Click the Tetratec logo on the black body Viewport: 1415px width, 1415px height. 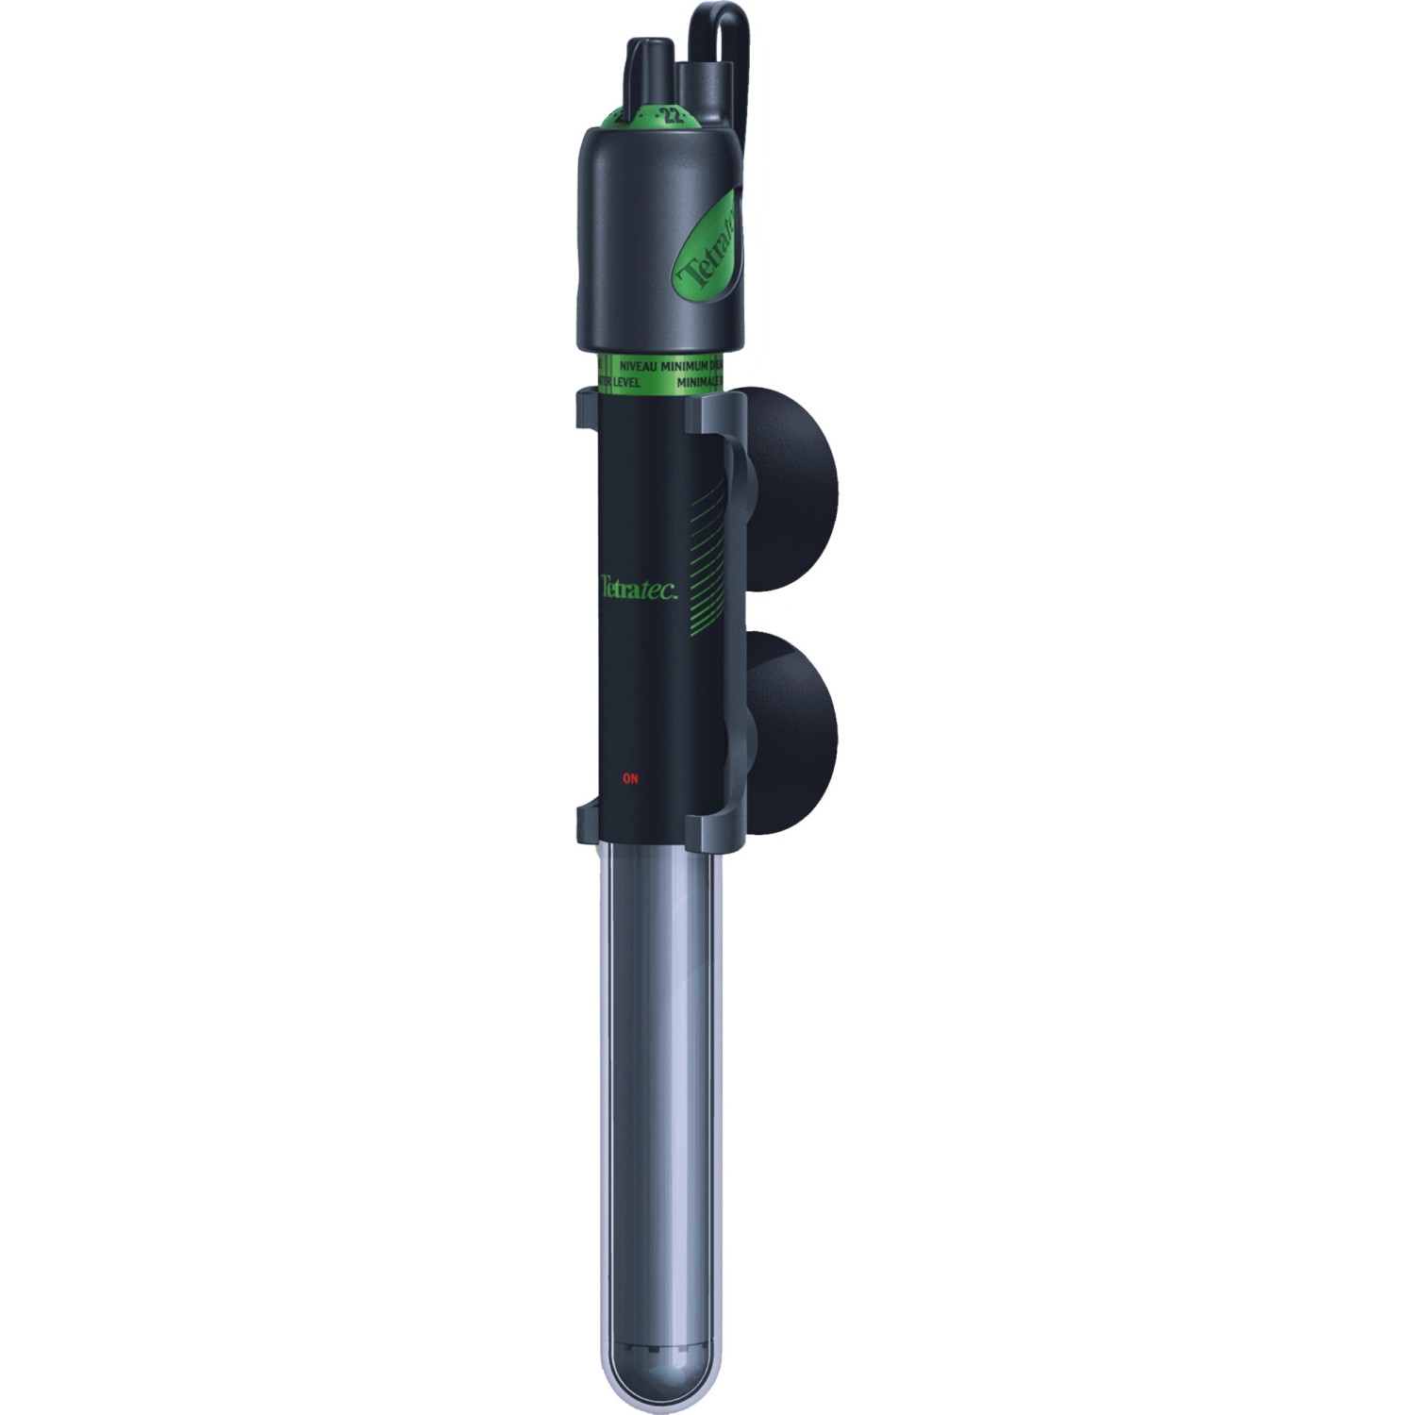pyautogui.click(x=639, y=587)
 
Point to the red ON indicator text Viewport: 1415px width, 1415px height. pyautogui.click(x=630, y=779)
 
